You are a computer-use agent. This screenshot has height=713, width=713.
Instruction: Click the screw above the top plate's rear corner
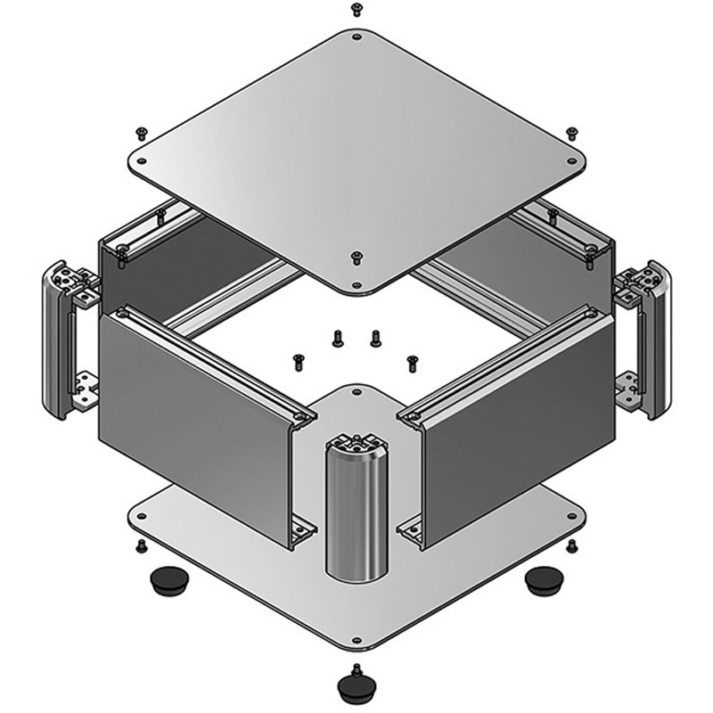[356, 10]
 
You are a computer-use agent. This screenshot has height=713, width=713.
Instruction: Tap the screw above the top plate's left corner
[141, 134]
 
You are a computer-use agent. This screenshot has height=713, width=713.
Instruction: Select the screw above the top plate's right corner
[571, 134]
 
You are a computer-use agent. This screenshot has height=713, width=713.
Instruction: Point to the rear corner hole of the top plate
[356, 38]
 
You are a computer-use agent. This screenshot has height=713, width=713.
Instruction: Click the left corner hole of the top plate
[141, 161]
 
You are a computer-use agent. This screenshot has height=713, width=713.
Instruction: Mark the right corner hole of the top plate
[571, 161]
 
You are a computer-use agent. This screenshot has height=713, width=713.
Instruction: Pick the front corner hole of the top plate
[356, 285]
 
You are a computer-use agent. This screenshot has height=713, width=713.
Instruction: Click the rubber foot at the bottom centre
[356, 687]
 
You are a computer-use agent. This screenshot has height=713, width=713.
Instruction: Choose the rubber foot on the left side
[164, 582]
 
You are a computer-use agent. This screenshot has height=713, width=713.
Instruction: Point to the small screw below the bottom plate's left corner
[140, 545]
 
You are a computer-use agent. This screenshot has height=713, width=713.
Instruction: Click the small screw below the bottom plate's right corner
[572, 545]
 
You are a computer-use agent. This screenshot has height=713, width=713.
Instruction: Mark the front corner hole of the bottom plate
[356, 640]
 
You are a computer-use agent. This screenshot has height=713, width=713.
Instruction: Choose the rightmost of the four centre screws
[412, 363]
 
